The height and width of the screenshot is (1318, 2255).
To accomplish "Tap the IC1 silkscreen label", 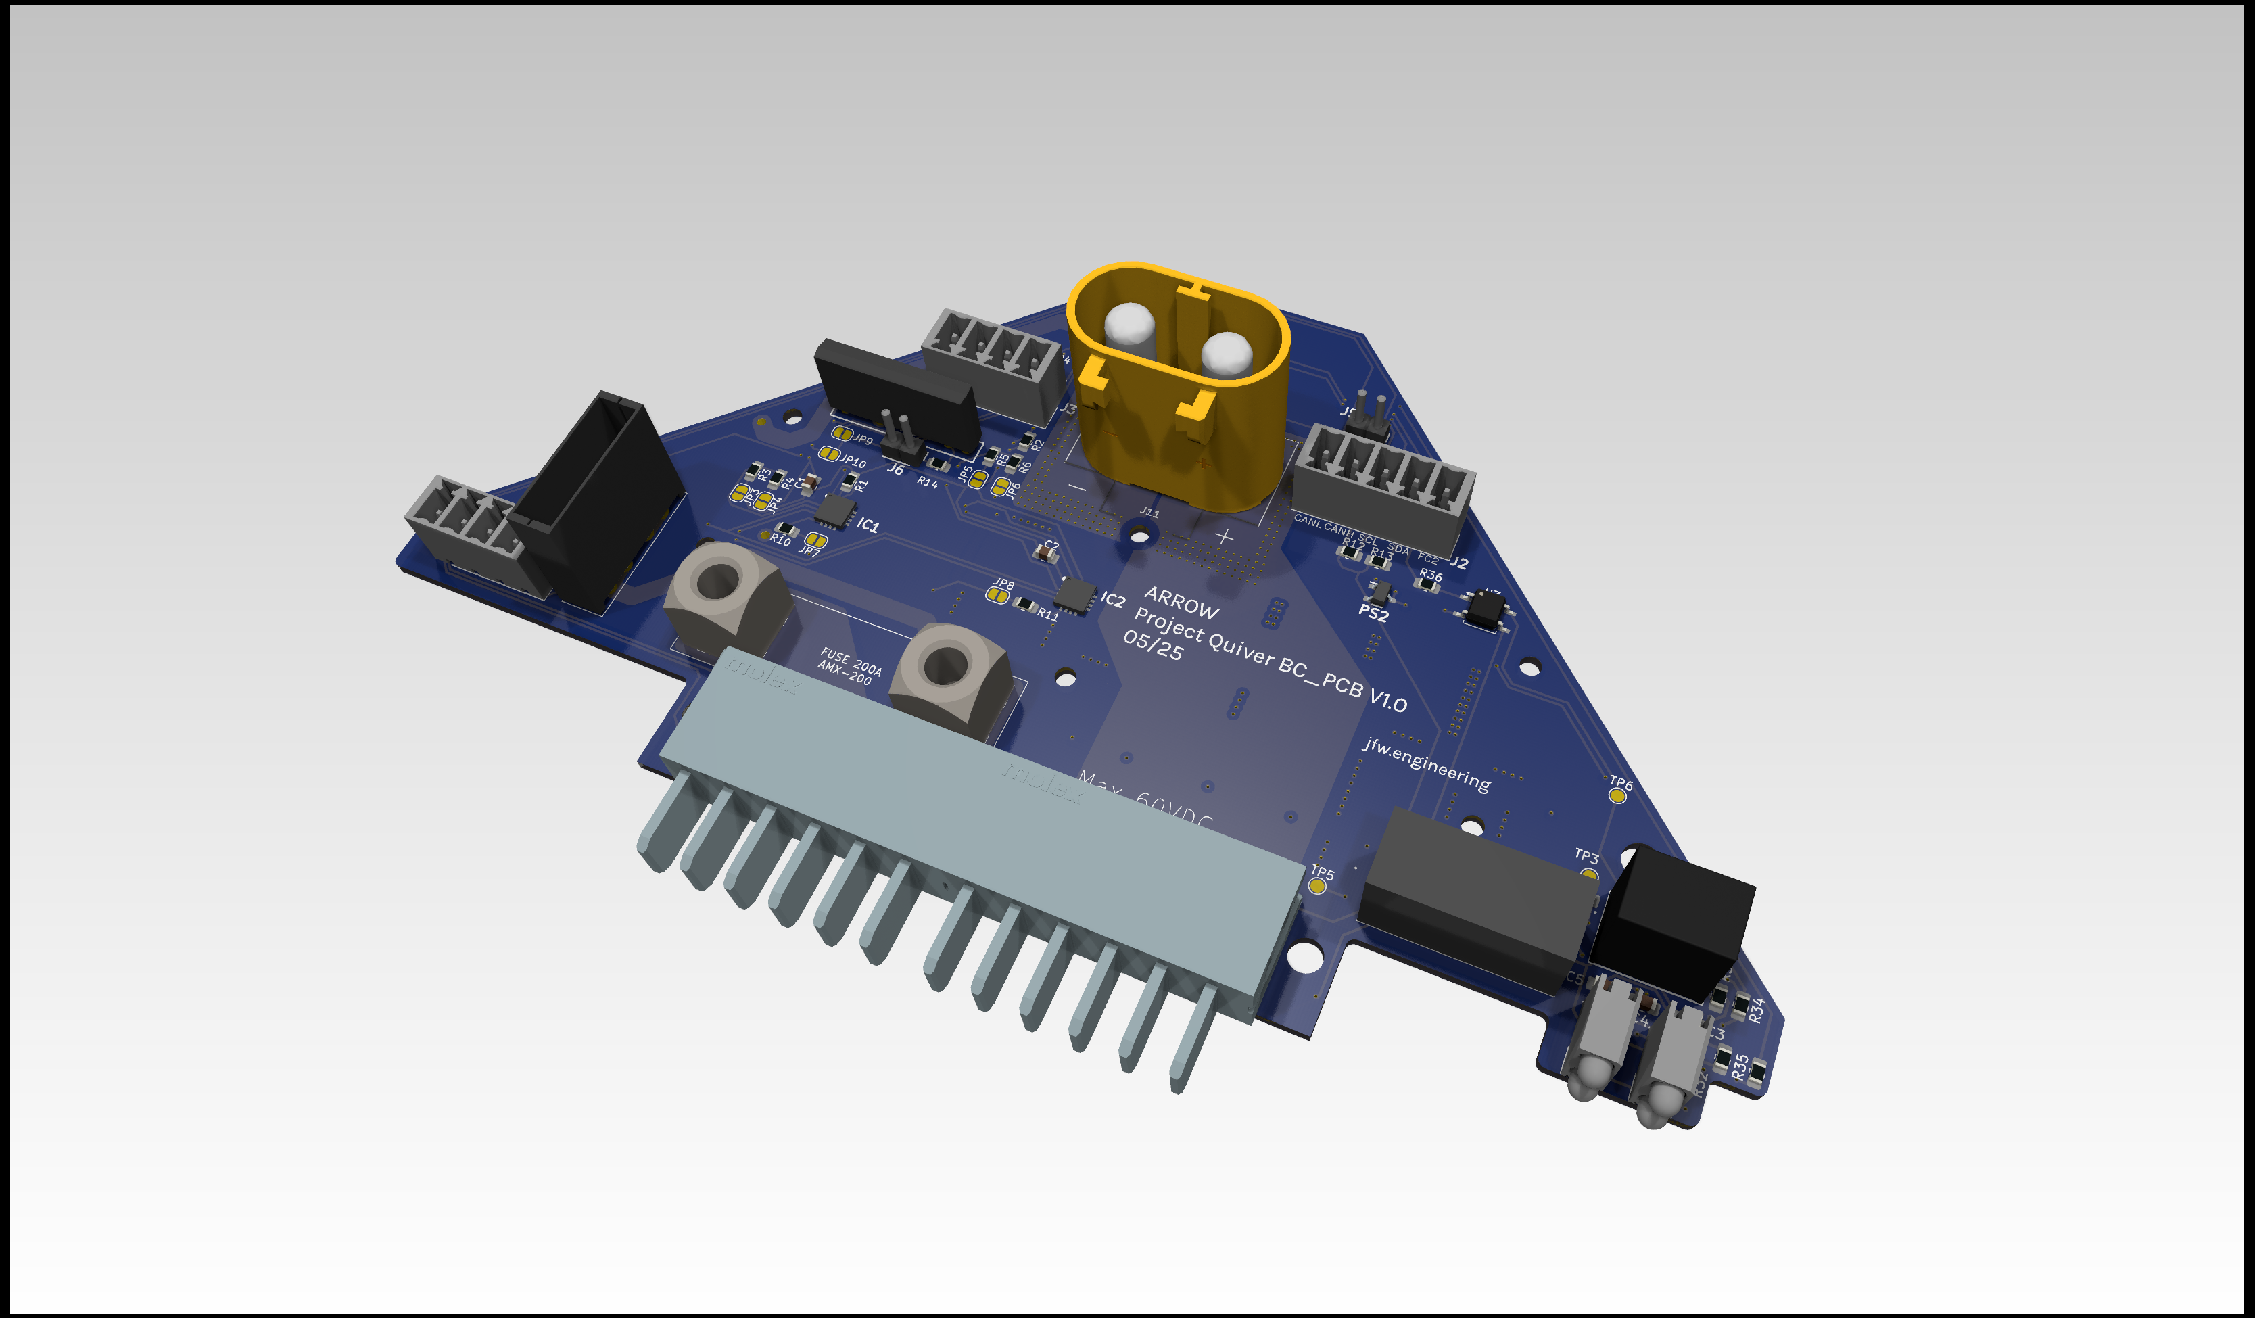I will coord(867,524).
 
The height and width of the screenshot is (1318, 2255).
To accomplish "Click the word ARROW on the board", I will coord(1181,604).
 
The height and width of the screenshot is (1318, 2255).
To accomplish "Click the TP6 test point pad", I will coord(1617,795).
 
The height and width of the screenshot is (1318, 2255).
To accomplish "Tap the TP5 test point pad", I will coord(1316,886).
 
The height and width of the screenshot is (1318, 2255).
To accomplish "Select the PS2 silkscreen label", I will coord(1373,613).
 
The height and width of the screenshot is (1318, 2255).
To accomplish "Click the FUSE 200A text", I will coord(850,663).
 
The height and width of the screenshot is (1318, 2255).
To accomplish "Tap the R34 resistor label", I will coord(1756,1010).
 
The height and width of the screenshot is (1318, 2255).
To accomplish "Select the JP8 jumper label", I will coord(1004,584).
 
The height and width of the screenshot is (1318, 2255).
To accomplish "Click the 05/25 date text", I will coord(1153,645).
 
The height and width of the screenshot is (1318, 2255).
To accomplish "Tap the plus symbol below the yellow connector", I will coord(1224,536).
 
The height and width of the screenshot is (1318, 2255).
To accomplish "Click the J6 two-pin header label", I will coord(895,469).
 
